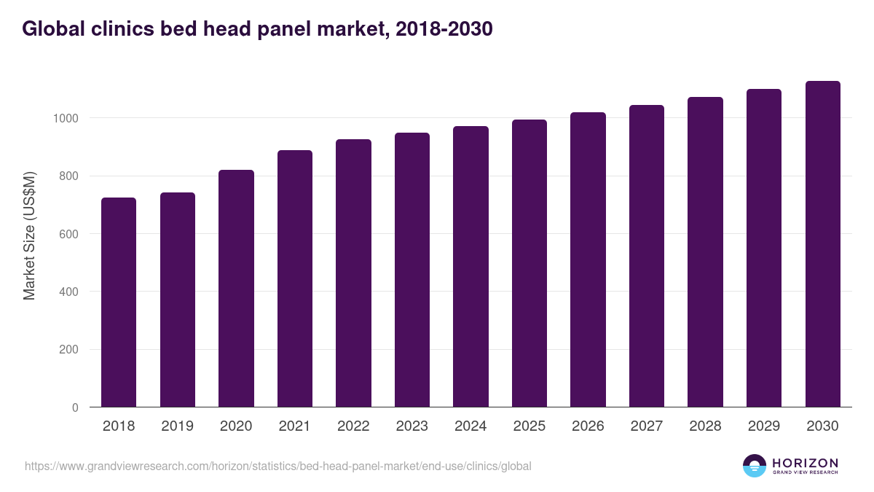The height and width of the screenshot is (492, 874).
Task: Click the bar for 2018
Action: (119, 302)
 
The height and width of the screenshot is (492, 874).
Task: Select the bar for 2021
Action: (294, 278)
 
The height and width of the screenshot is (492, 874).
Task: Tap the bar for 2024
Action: (471, 267)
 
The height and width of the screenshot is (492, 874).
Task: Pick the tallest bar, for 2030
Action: (822, 244)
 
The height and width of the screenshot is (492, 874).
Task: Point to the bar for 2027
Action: (646, 256)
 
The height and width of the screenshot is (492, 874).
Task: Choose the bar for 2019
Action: (178, 300)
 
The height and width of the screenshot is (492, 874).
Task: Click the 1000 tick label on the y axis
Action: (64, 118)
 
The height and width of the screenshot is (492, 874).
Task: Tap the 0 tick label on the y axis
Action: (75, 407)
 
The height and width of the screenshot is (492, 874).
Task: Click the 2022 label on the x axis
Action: (353, 426)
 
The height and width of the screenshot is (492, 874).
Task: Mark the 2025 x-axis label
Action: (529, 426)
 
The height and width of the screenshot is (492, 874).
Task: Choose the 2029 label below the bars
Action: (763, 426)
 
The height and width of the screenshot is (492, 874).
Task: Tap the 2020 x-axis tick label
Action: (236, 426)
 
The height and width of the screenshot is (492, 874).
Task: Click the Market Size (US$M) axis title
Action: (29, 235)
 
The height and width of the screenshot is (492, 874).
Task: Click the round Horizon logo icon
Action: (755, 466)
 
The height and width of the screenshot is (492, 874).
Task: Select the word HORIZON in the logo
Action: (805, 462)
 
